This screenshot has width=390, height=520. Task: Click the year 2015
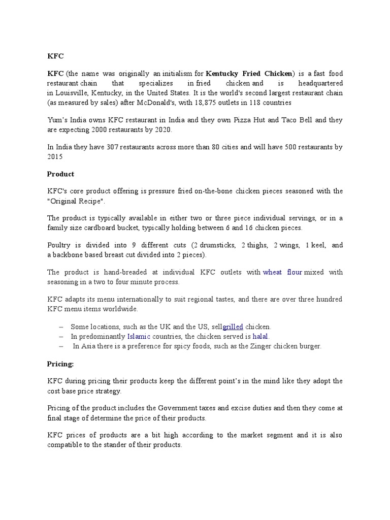tap(55, 157)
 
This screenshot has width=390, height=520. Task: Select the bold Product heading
tap(60, 174)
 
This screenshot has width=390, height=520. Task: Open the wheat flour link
tap(282, 272)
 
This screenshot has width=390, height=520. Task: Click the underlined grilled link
tap(233, 327)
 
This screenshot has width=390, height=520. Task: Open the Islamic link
tap(139, 336)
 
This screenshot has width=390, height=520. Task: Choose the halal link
tap(261, 336)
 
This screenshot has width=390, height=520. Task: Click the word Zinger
tap(261, 346)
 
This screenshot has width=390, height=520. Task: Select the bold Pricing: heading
tap(60, 364)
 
